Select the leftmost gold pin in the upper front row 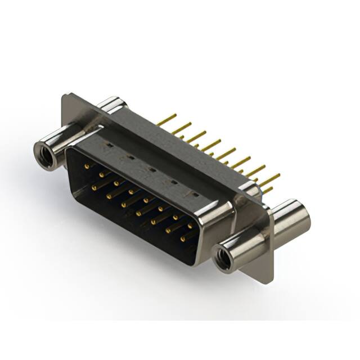tap(85, 167)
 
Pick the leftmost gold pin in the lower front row tap(94, 183)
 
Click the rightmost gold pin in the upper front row tap(190, 225)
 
